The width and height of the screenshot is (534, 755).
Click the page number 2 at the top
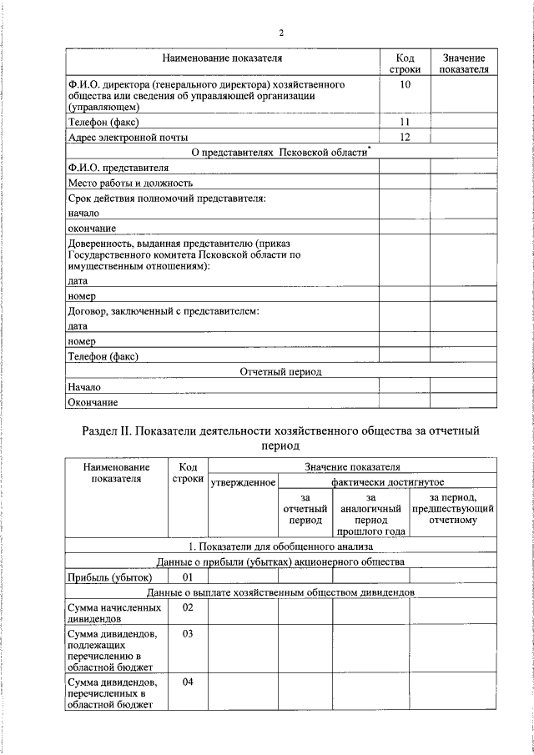point(281,33)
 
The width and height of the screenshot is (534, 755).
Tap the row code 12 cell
point(405,137)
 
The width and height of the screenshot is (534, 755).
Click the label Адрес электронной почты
point(128,137)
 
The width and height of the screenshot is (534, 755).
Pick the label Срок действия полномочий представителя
point(167,199)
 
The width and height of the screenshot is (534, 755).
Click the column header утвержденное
point(242,482)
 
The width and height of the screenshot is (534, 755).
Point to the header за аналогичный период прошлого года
point(370,513)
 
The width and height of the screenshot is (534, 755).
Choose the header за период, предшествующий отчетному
point(453,508)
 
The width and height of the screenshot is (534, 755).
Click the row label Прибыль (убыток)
point(109,576)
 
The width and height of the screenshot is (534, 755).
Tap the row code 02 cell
point(188,607)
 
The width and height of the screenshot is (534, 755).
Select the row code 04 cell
point(188,682)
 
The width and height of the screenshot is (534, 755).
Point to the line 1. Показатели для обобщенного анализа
point(280,546)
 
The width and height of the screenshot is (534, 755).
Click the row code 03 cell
point(188,634)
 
